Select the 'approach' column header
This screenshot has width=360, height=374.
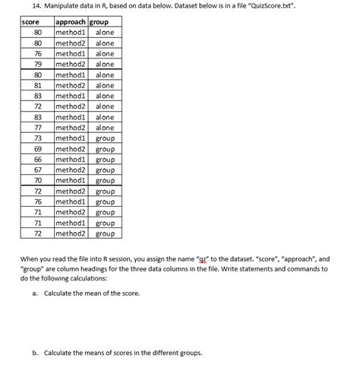tap(71, 22)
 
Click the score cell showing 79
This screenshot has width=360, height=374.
tap(36, 65)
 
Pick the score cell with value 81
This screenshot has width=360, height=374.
tap(36, 86)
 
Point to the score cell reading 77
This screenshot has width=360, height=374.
tap(36, 128)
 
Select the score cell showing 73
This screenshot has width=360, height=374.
tap(36, 139)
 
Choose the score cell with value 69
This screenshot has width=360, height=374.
tap(36, 150)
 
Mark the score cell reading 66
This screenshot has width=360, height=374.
tap(36, 160)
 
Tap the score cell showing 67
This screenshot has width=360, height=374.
tap(36, 170)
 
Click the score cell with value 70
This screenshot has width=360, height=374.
tap(36, 181)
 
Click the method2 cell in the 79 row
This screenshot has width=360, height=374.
tap(71, 65)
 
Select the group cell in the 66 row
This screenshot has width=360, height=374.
tap(105, 160)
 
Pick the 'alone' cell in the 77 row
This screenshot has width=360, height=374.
tap(105, 128)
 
